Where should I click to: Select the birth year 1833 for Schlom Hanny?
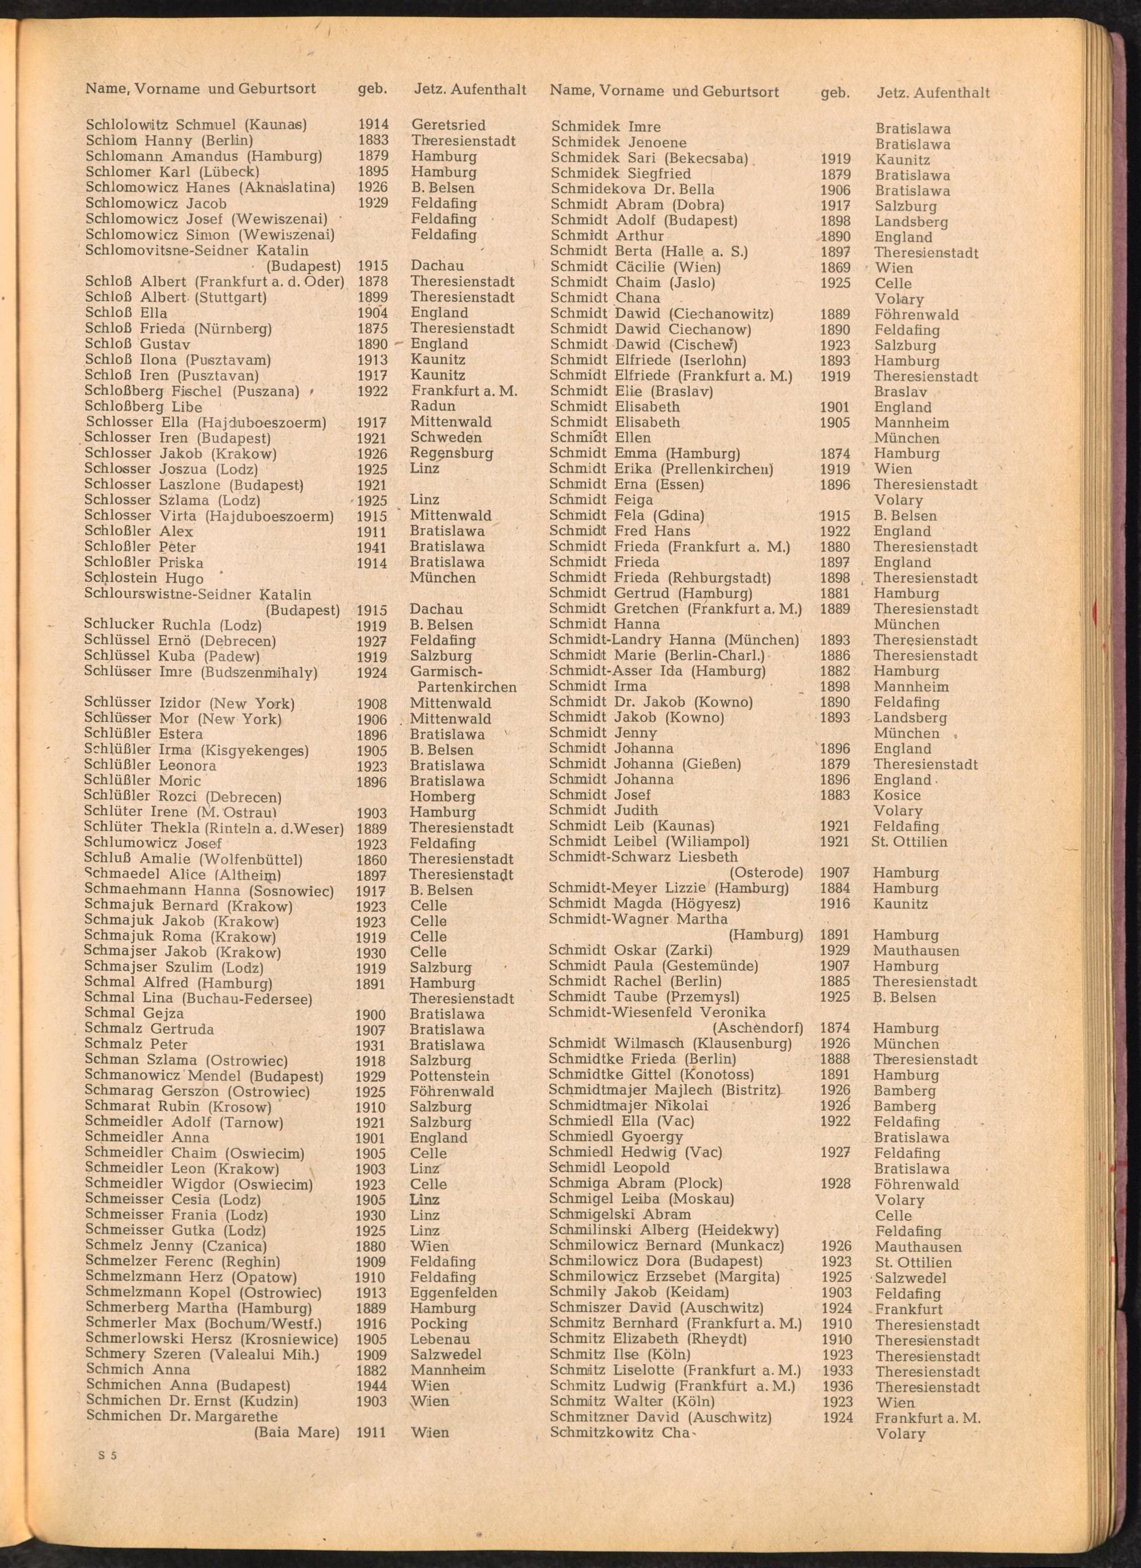373,141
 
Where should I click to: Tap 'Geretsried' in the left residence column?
448,125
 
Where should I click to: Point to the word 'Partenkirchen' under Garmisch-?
467,687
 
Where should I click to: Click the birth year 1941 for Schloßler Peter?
372,547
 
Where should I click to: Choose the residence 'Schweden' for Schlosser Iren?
446,438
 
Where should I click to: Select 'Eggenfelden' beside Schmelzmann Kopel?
454,1292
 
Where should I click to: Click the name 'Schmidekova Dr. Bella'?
632,189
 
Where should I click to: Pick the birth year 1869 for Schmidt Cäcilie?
835,268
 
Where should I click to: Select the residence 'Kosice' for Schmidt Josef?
897,795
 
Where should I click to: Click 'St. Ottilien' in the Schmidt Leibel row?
909,842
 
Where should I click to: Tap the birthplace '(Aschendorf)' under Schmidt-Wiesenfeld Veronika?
758,1028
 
